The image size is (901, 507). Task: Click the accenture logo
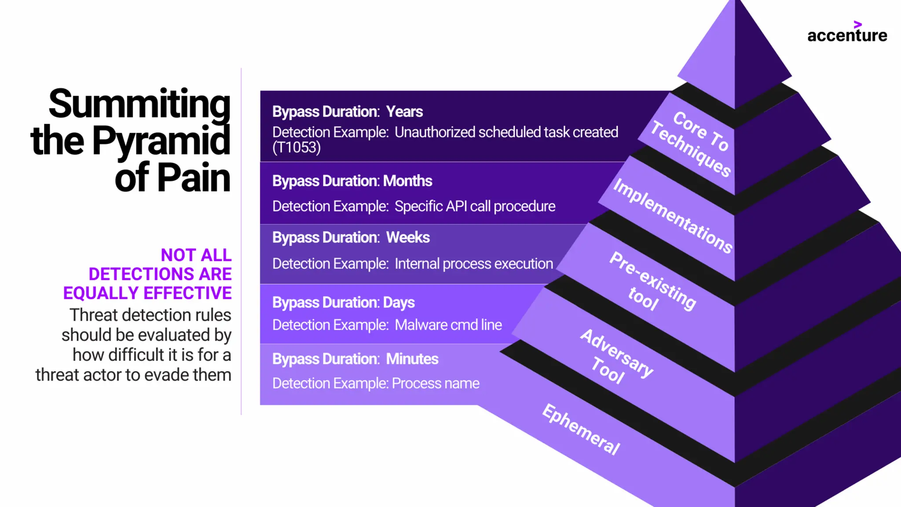847,33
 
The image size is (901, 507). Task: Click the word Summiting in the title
139,104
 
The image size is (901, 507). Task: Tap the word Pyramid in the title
161,141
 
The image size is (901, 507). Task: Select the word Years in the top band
404,112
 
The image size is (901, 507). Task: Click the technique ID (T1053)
297,147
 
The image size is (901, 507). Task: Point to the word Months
407,181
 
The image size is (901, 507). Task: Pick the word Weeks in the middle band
408,238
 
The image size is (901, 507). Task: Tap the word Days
399,303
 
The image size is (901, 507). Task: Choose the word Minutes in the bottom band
412,359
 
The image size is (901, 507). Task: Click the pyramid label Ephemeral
581,429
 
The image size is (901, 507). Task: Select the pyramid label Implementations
673,216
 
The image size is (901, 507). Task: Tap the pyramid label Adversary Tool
616,356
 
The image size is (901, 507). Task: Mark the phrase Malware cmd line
448,325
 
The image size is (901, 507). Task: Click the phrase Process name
435,383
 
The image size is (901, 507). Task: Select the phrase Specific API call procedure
475,206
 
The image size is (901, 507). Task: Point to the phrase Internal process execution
473,264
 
